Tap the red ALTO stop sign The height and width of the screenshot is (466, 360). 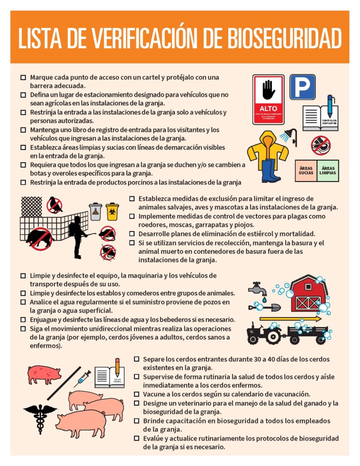pos(268,99)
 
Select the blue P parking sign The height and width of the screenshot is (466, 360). pos(302,87)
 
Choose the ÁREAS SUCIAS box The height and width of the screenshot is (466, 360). pos(306,170)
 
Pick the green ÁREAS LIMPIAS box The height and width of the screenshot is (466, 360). pos(328,170)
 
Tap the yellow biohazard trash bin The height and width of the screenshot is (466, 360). pos(112,211)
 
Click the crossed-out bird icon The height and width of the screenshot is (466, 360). pos(55,205)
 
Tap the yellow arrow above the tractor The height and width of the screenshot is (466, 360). pos(290,319)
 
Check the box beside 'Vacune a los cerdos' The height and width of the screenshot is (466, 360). pos(137,394)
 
